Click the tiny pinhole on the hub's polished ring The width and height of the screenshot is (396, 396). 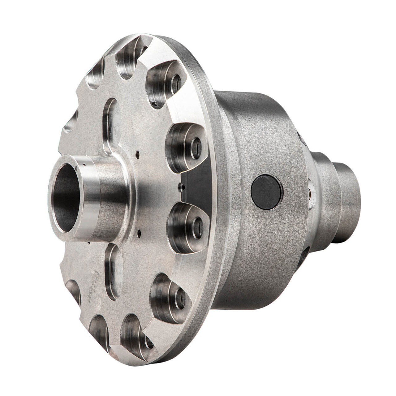point(76,167)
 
